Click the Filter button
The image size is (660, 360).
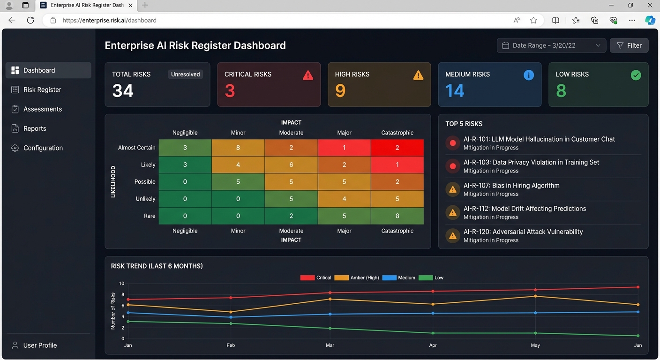[x=629, y=45]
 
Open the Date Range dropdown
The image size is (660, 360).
[x=551, y=45]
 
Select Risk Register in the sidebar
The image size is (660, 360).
[x=42, y=90]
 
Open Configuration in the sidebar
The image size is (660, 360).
[x=43, y=148]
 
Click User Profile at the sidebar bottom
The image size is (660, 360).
[x=40, y=345]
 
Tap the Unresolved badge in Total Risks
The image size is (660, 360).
[x=185, y=74]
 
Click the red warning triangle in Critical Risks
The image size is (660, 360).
[x=308, y=75]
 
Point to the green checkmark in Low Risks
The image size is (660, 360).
[x=636, y=75]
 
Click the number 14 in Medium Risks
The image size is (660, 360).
[x=455, y=90]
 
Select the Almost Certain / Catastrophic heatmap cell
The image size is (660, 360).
[x=397, y=148]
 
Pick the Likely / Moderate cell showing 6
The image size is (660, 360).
[x=291, y=165]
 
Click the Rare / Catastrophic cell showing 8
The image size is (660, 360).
[x=397, y=216]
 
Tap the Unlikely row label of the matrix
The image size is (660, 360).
[x=145, y=199]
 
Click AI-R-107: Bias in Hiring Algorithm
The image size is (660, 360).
[x=511, y=186]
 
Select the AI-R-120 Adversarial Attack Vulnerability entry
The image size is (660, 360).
[x=523, y=232]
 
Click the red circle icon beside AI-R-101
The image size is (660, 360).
[x=453, y=143]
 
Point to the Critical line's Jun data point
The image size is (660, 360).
[x=638, y=287]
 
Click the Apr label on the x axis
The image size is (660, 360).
[x=433, y=345]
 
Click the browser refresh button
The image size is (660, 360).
[x=30, y=20]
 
